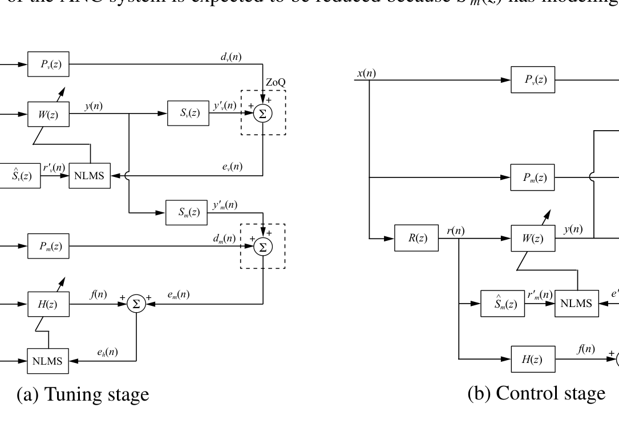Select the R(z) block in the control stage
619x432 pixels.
[416, 238]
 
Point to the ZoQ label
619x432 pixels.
[276, 83]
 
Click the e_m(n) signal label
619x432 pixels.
[179, 294]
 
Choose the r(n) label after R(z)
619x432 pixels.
[455, 231]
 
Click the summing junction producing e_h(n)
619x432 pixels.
[136, 304]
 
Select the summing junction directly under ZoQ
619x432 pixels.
[264, 114]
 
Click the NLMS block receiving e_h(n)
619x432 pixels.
[48, 362]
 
